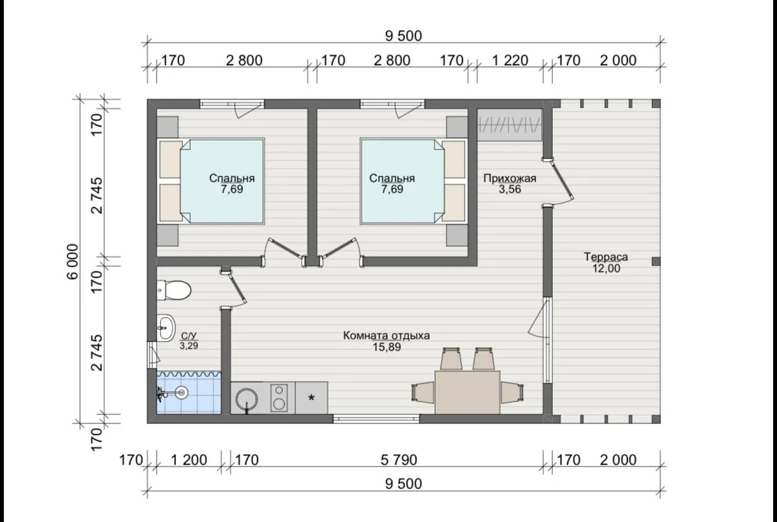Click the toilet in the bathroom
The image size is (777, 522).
174,290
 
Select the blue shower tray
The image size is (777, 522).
189,392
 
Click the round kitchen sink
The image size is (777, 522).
247,398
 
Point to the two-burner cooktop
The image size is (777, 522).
279,398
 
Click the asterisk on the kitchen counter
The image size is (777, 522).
311,398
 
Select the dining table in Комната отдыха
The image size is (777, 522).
467,392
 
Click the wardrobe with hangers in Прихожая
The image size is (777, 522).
510,125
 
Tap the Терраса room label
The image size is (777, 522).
606,257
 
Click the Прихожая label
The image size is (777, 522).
510,179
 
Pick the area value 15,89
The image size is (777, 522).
387,347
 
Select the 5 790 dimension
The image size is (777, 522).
399,460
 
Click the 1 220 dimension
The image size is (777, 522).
510,61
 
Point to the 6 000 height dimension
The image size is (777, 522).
73,262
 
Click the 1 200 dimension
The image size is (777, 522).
189,460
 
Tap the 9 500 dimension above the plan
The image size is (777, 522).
403,36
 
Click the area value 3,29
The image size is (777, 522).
189,345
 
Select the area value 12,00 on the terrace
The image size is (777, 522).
606,268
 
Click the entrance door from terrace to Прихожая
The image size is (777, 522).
558,182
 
